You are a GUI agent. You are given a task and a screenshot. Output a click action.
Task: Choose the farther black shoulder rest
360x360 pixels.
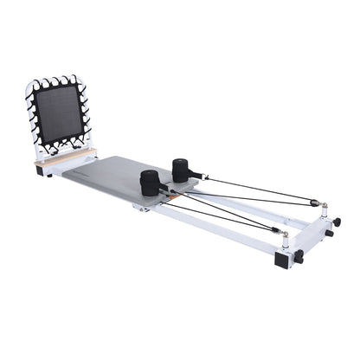(x=184, y=169)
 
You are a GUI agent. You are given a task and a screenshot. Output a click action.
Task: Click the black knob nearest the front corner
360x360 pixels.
(x=299, y=256)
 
